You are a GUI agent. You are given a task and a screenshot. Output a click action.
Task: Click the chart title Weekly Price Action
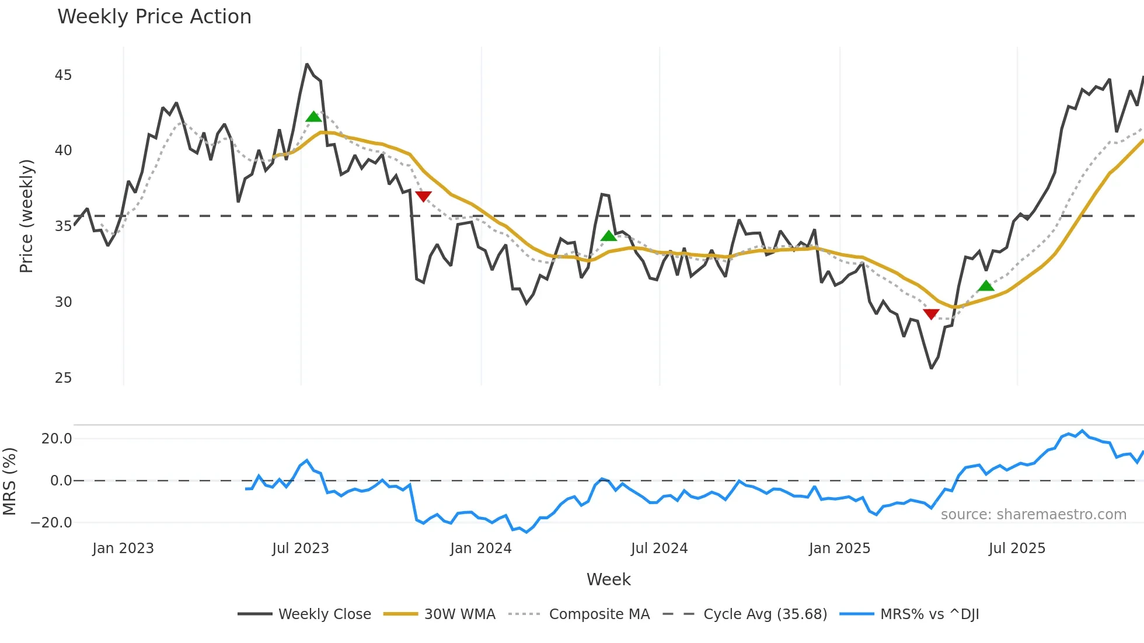pos(154,17)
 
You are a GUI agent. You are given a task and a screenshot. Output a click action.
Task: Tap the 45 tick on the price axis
pos(63,75)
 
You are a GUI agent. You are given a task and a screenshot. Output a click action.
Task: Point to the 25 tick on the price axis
pos(63,378)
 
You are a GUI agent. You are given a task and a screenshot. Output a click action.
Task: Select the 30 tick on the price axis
pos(63,302)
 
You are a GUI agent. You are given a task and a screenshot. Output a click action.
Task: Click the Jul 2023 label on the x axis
pos(301,548)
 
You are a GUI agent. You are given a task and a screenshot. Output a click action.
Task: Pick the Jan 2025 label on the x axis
pos(839,548)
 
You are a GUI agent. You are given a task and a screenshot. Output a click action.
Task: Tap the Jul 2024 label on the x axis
pos(659,548)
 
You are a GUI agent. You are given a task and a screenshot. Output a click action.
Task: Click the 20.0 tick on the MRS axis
pos(57,439)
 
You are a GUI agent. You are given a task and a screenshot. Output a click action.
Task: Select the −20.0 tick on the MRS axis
pos(51,523)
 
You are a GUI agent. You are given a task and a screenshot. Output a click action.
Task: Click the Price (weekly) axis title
pos(26,216)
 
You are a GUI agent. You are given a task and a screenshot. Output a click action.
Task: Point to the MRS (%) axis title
pos(9,481)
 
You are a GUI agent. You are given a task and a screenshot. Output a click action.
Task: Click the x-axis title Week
pos(608,579)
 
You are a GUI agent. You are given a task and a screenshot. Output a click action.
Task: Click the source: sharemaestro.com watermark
pos(1033,515)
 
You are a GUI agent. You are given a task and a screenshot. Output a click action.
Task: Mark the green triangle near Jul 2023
pos(313,117)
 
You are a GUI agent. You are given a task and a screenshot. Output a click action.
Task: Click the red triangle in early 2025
pos(931,314)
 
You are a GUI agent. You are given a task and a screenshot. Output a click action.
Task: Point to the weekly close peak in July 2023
pos(307,64)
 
